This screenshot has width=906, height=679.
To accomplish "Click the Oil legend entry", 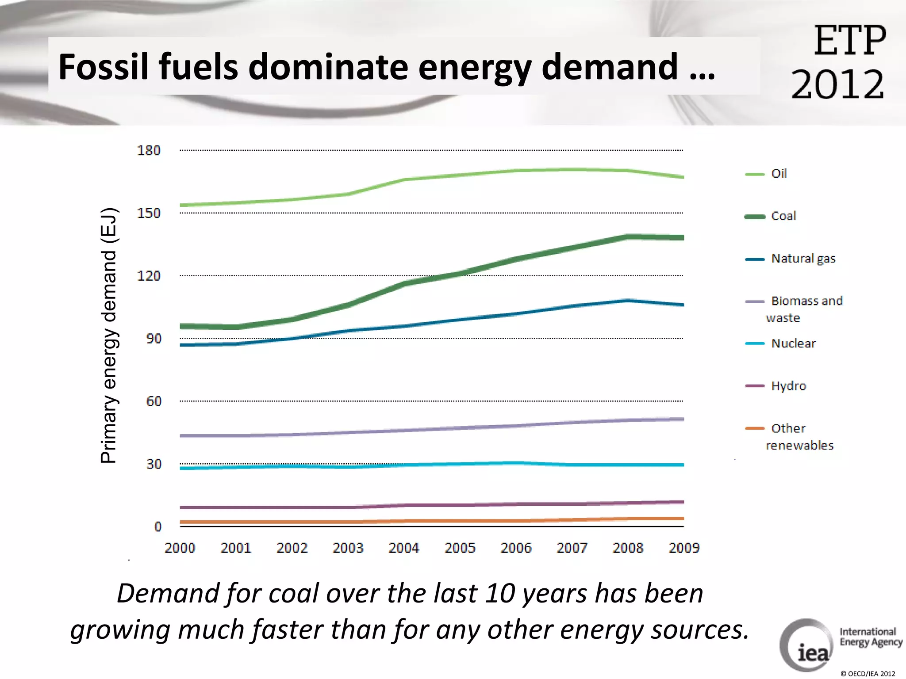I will (x=778, y=173).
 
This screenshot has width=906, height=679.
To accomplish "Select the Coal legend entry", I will (x=783, y=216).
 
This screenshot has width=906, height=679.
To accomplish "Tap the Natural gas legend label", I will (x=803, y=258).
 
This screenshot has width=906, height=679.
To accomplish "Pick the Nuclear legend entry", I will (x=793, y=343).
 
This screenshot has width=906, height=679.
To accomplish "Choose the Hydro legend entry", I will (x=788, y=385).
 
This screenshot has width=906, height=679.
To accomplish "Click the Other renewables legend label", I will (x=799, y=436).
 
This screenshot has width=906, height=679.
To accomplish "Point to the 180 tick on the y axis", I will (x=149, y=150).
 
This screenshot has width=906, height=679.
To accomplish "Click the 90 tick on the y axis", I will (x=154, y=339).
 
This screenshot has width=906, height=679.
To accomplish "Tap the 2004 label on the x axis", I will (x=403, y=548).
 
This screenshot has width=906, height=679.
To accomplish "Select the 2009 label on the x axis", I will (x=683, y=548).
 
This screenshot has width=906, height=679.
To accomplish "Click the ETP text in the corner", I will (x=849, y=41).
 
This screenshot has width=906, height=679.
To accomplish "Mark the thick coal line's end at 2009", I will (x=683, y=237).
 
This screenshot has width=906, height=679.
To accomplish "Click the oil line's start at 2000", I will (x=181, y=205).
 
